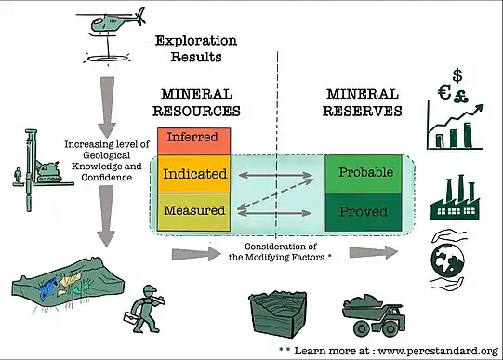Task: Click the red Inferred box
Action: (x=193, y=141)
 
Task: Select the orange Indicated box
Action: (x=193, y=174)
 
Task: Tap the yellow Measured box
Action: (x=193, y=212)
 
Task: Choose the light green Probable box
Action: (x=364, y=174)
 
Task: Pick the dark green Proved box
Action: (x=364, y=212)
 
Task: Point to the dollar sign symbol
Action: (x=457, y=76)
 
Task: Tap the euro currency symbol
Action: (x=444, y=92)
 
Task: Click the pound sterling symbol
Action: (x=461, y=95)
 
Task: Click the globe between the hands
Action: (x=448, y=260)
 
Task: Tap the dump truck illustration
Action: (x=374, y=315)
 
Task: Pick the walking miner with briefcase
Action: (x=145, y=309)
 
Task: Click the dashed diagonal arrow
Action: (x=275, y=194)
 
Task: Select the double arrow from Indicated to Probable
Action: (x=275, y=175)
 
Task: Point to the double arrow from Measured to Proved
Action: (x=274, y=213)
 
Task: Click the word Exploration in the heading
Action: (x=196, y=41)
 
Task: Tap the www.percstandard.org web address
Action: (x=438, y=351)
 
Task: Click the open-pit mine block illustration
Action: (x=278, y=313)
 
